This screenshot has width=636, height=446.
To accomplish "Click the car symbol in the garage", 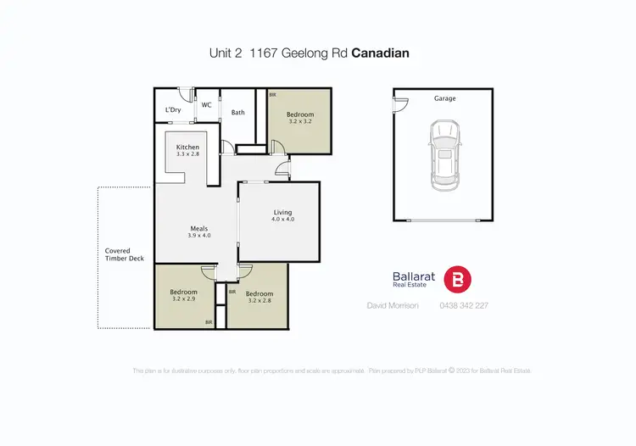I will pyautogui.click(x=445, y=154).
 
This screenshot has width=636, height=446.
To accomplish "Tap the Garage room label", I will pyautogui.click(x=445, y=98).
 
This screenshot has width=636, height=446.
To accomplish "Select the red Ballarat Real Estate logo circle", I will pyautogui.click(x=459, y=279).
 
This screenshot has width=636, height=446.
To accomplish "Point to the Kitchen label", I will pyautogui.click(x=187, y=147).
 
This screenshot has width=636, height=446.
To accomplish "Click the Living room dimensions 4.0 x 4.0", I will pyautogui.click(x=282, y=220).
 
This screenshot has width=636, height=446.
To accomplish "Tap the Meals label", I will pyautogui.click(x=200, y=227).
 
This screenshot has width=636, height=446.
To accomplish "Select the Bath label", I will pyautogui.click(x=238, y=112).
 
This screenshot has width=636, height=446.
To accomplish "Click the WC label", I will pyautogui.click(x=206, y=106).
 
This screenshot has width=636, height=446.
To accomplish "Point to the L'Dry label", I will pyautogui.click(x=173, y=110).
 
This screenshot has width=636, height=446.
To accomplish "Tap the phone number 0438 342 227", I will pyautogui.click(x=464, y=305).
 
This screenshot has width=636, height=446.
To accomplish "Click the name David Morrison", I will pyautogui.click(x=393, y=305).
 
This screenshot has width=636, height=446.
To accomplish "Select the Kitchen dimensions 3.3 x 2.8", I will pyautogui.click(x=187, y=154).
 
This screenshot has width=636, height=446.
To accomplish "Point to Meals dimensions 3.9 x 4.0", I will pyautogui.click(x=200, y=235).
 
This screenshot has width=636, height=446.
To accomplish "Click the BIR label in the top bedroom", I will pyautogui.click(x=272, y=95).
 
